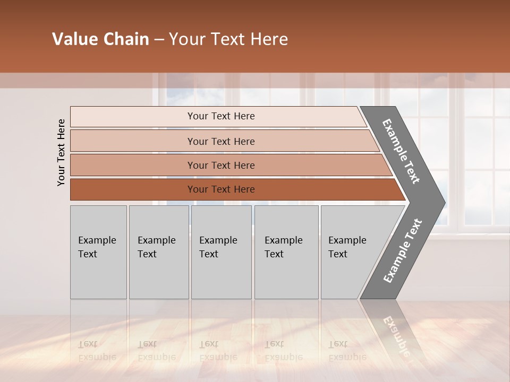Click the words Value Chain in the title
click(100, 39)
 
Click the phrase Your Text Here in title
click(228, 39)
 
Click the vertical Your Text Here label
click(61, 152)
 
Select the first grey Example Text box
click(98, 252)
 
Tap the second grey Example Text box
click(158, 252)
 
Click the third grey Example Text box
click(221, 252)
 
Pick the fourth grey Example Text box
click(286, 252)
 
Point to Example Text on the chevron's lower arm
click(402, 250)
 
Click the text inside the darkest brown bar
click(221, 189)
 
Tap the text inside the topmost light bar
click(221, 116)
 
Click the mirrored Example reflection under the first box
click(97, 357)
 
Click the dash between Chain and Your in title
click(159, 40)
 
